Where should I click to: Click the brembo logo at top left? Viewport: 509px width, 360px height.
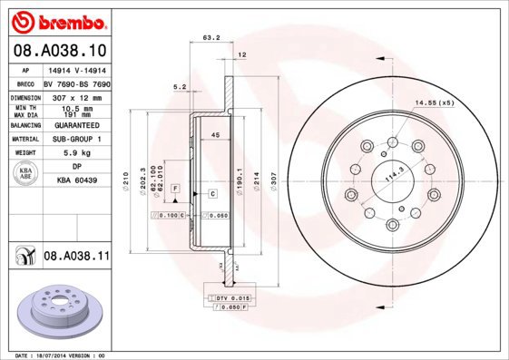(57, 20)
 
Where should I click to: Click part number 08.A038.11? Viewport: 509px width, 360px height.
(75, 258)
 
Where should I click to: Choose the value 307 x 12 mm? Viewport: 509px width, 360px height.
(76, 96)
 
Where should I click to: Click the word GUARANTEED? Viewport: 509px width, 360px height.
(76, 126)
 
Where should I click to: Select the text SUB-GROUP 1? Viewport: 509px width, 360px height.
(76, 140)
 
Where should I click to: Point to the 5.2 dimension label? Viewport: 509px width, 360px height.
(179, 87)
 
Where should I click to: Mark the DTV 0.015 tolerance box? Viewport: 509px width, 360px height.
(230, 297)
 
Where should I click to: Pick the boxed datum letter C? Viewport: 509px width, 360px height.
(211, 194)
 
